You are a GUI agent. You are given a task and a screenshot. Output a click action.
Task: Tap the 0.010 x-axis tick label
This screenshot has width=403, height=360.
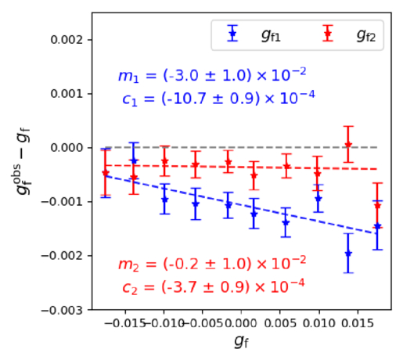(x=319, y=322)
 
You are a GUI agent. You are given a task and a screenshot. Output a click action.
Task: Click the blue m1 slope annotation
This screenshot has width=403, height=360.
(x=211, y=75)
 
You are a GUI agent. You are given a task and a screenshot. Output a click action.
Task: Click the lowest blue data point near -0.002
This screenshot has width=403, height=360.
(x=348, y=253)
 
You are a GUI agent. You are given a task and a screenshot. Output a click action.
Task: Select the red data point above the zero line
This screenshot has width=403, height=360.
(x=348, y=145)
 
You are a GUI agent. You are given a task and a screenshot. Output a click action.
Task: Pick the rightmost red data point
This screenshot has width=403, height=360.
(x=377, y=206)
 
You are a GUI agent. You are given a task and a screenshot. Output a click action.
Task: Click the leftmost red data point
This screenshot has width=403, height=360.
(x=106, y=173)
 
